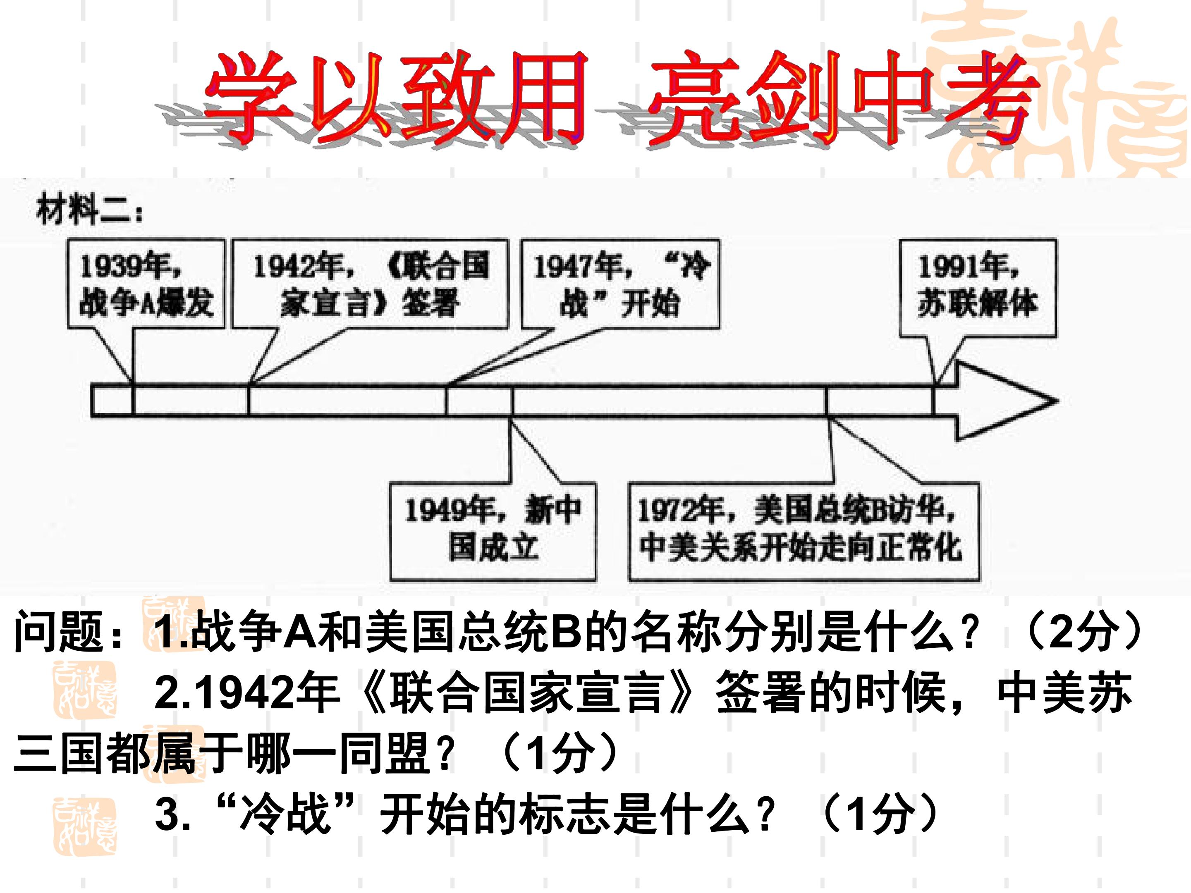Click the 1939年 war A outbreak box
point(146,283)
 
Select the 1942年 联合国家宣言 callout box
point(370,283)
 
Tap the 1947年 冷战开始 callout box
point(620,283)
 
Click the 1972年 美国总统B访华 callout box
point(804,531)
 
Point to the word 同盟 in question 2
point(385,752)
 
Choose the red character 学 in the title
point(251,97)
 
